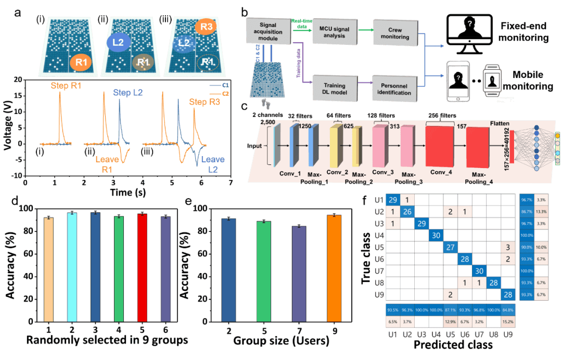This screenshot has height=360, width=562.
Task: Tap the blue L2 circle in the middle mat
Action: (x=118, y=42)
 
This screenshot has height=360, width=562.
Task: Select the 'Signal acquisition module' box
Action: (x=262, y=32)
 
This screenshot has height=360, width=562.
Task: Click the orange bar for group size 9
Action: (x=337, y=268)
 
